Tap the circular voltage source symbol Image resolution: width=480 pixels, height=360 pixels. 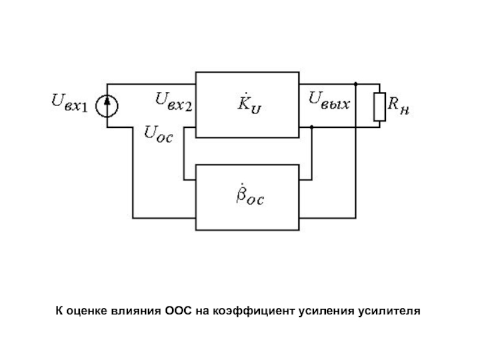108,106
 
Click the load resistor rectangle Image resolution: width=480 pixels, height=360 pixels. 379,106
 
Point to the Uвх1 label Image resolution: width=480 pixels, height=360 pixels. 68,106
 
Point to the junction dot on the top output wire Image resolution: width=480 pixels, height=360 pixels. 356,83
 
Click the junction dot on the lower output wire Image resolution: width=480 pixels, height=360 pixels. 312,127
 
